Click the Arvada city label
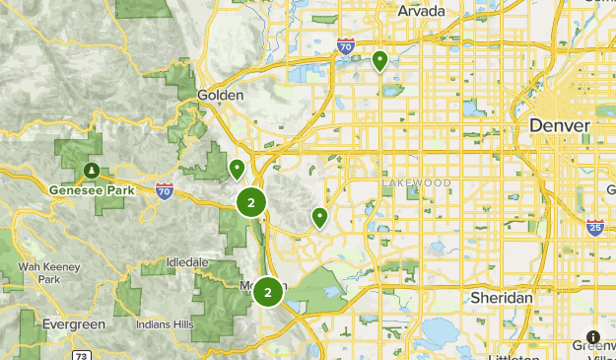421,11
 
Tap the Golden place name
220,95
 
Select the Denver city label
559,125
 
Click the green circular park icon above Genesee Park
91,170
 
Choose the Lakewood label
416,183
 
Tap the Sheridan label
501,297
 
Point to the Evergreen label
74,324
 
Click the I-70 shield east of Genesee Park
164,190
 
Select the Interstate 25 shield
594,228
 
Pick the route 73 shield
82,355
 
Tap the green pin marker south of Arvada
379,61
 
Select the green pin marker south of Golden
237,170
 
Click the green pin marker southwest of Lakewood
319,217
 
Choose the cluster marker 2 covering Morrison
267,292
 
